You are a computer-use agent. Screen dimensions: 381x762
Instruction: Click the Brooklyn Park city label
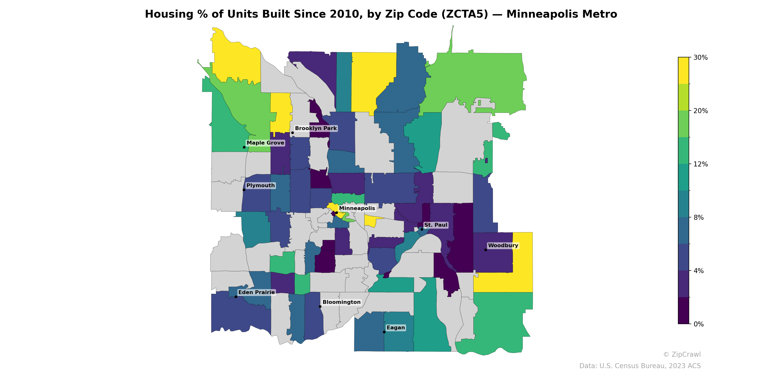tap(316, 128)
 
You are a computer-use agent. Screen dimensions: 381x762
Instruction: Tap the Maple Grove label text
tap(265, 143)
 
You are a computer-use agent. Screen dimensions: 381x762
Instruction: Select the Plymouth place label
tap(261, 185)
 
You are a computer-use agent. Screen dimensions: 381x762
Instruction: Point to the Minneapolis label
tap(357, 208)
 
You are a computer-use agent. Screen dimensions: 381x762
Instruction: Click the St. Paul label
tap(436, 225)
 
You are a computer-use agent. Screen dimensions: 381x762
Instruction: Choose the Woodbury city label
tap(503, 246)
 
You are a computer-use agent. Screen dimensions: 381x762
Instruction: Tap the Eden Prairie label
tap(256, 292)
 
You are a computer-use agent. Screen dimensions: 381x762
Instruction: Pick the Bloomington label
tap(341, 302)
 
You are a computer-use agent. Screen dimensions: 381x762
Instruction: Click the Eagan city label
tap(396, 327)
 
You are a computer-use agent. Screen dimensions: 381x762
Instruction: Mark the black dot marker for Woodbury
tap(486, 250)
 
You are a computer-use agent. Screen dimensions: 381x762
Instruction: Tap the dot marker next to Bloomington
tap(320, 306)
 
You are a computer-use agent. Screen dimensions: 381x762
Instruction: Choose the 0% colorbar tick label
tap(698, 324)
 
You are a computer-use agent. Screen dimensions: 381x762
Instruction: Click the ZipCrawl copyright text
tap(682, 354)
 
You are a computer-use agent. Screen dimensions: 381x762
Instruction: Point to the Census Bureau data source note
tap(640, 366)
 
